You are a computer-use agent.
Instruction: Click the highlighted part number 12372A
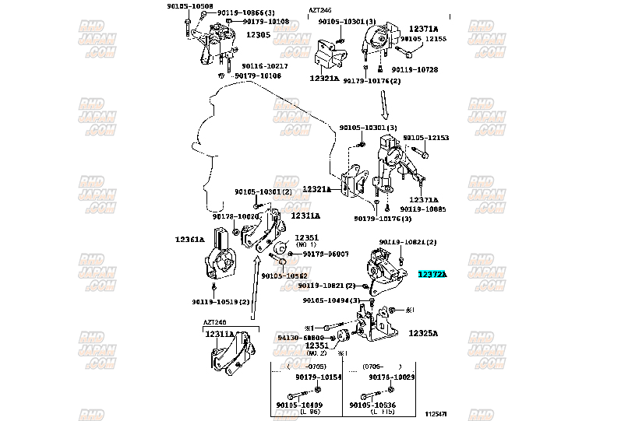pyautogui.click(x=432, y=274)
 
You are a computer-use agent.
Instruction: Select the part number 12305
pyautogui.click(x=258, y=35)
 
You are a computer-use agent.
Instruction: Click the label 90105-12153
pyautogui.click(x=430, y=137)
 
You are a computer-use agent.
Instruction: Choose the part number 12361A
pyautogui.click(x=189, y=240)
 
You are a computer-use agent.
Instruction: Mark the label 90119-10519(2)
pyautogui.click(x=221, y=302)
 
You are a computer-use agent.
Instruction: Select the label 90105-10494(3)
pyautogui.click(x=332, y=300)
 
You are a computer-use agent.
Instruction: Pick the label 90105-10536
pyautogui.click(x=372, y=405)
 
